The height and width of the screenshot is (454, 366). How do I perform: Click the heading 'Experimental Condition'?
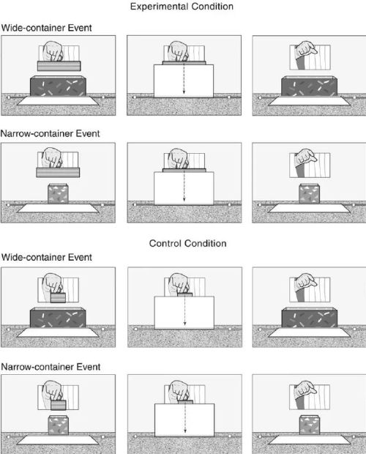point(182,7)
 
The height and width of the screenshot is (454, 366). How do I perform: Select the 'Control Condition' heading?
point(188,243)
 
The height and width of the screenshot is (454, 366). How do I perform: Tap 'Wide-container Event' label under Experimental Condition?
point(47,28)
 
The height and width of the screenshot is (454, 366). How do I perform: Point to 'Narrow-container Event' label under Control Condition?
point(51,367)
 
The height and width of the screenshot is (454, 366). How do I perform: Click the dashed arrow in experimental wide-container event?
point(184,78)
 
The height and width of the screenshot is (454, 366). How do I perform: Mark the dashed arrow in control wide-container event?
point(185,310)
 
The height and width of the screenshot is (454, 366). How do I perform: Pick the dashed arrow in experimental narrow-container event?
point(184,185)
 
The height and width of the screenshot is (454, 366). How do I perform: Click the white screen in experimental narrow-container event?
point(184,188)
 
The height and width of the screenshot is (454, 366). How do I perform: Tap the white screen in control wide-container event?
point(184,313)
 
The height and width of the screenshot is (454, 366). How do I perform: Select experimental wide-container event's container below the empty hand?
point(310,86)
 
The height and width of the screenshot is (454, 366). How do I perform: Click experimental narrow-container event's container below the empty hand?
point(310,193)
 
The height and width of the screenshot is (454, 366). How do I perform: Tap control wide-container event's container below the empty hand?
point(310,318)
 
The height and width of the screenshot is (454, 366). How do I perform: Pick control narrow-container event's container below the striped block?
point(58,425)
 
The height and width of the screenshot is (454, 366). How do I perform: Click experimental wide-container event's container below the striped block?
point(58,86)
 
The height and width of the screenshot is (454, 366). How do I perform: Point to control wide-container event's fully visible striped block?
point(58,297)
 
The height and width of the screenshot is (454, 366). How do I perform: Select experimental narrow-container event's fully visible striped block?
point(58,173)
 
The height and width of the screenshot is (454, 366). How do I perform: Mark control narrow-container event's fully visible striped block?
point(58,405)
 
